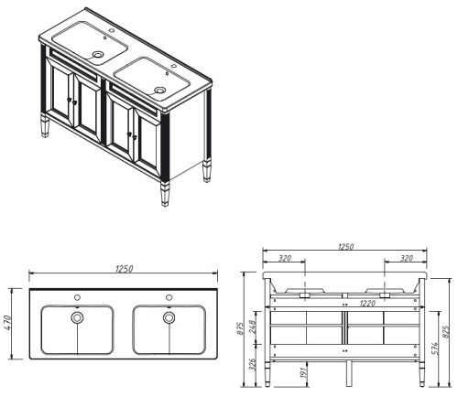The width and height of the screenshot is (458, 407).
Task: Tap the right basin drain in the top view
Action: pyautogui.click(x=169, y=317)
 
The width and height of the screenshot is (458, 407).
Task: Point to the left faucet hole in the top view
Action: pyautogui.click(x=78, y=298)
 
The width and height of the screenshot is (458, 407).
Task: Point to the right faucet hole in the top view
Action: pyautogui.click(x=169, y=298)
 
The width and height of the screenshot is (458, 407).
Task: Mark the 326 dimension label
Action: pyautogui.click(x=253, y=364)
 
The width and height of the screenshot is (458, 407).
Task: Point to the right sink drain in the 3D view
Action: pyautogui.click(x=161, y=90)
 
